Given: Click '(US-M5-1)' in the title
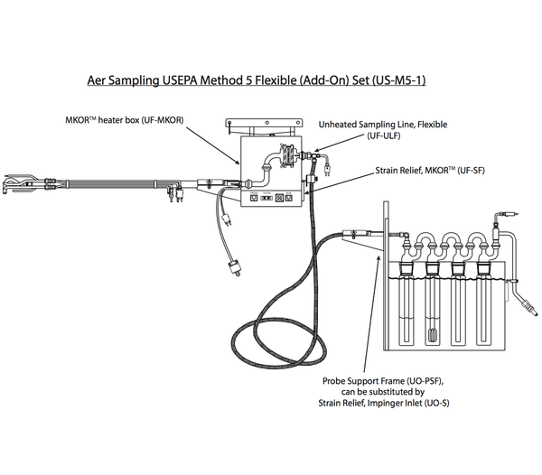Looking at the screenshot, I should pyautogui.click(x=394, y=79).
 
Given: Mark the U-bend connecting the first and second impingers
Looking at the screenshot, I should pyautogui.click(x=418, y=241).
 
